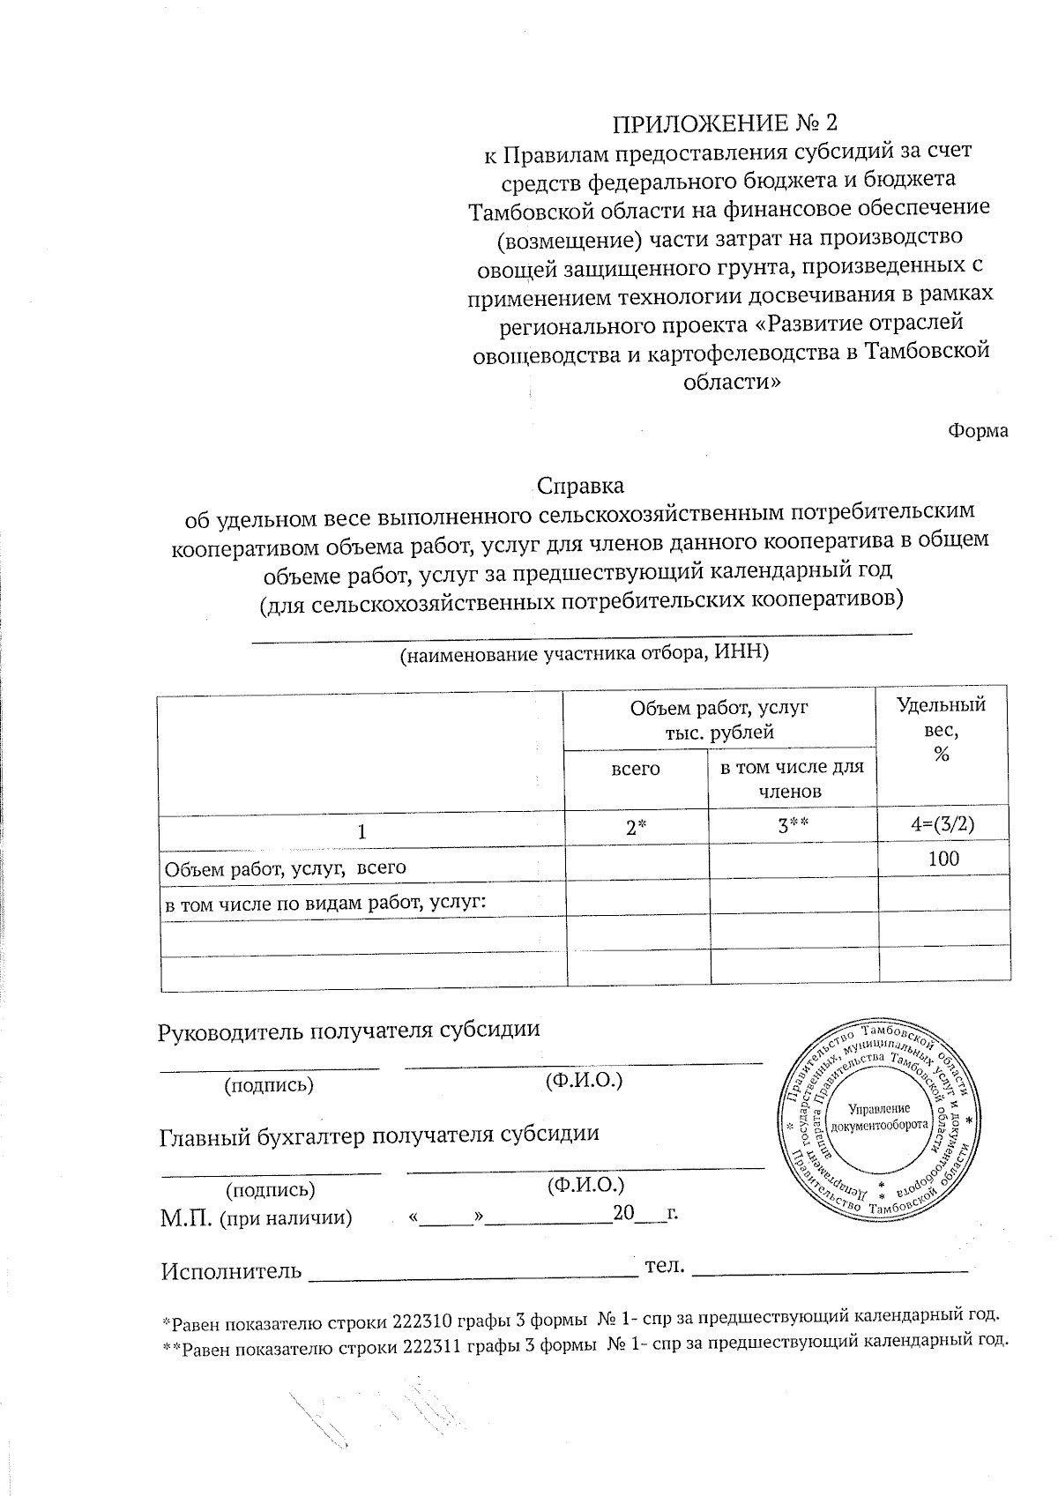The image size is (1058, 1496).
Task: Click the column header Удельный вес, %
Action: tap(941, 729)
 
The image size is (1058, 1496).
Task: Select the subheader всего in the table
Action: tap(636, 769)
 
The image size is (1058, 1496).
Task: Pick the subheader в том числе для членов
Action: tap(791, 778)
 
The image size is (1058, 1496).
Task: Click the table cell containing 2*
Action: tap(636, 828)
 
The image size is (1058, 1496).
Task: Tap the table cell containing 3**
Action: tap(791, 827)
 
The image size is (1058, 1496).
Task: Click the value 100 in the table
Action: tap(943, 859)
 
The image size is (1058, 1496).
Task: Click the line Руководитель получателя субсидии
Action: tap(348, 1030)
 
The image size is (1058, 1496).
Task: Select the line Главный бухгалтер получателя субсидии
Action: tap(379, 1135)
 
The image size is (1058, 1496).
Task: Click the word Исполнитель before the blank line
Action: tap(230, 1272)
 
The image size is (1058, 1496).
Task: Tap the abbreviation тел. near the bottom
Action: tap(665, 1266)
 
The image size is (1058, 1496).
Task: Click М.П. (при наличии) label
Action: tap(256, 1219)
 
